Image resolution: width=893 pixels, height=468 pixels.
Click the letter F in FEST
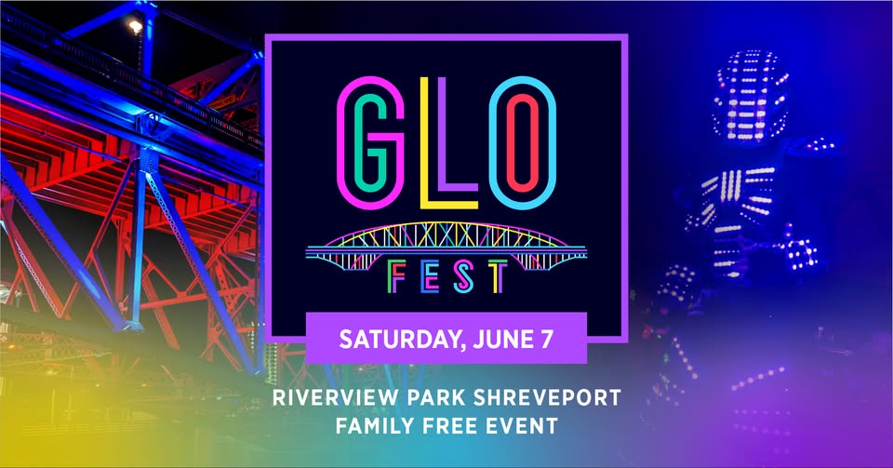coord(395,277)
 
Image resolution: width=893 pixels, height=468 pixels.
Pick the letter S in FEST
coord(464,276)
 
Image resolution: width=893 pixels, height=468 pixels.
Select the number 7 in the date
coord(545,340)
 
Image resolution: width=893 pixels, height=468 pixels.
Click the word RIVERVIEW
coord(336,397)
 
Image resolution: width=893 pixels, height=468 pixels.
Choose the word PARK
coord(436,397)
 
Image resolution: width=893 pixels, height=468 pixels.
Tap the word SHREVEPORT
coord(547,397)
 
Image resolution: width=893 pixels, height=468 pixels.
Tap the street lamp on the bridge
coord(135,26)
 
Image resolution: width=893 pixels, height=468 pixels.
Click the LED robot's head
coord(750,95)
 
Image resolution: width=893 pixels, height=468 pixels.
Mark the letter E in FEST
coord(430,277)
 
